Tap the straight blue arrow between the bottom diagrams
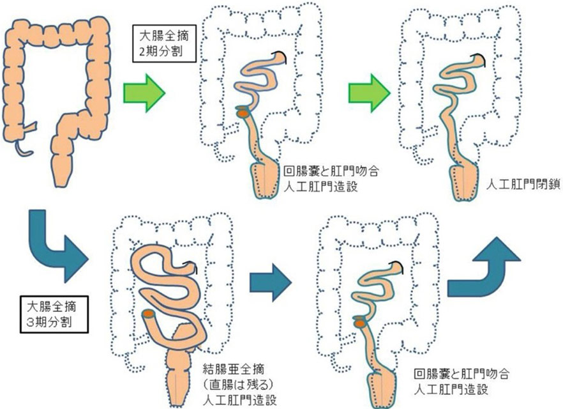271,275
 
